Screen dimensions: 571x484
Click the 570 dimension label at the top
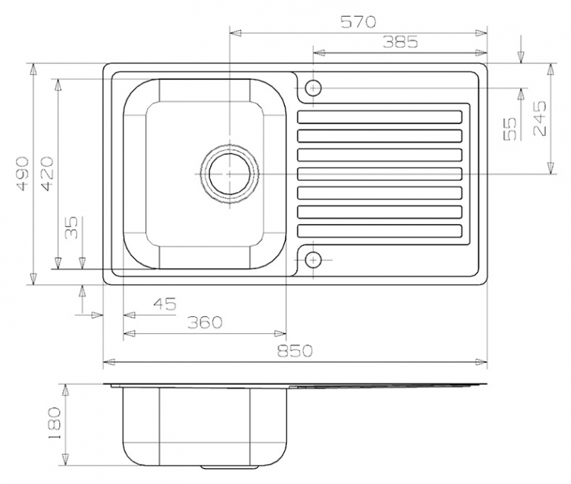point(358,22)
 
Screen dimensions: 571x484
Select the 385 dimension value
point(400,43)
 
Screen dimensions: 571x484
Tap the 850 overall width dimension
point(295,351)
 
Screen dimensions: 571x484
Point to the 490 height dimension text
point(23,174)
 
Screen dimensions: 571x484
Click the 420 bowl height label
point(47,174)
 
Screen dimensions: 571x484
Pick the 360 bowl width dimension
point(205,322)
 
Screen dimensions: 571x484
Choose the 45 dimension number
point(164,303)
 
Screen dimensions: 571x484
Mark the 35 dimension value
point(72,228)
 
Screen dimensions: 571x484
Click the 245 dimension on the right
point(540,118)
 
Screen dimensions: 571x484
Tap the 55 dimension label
point(510,129)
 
